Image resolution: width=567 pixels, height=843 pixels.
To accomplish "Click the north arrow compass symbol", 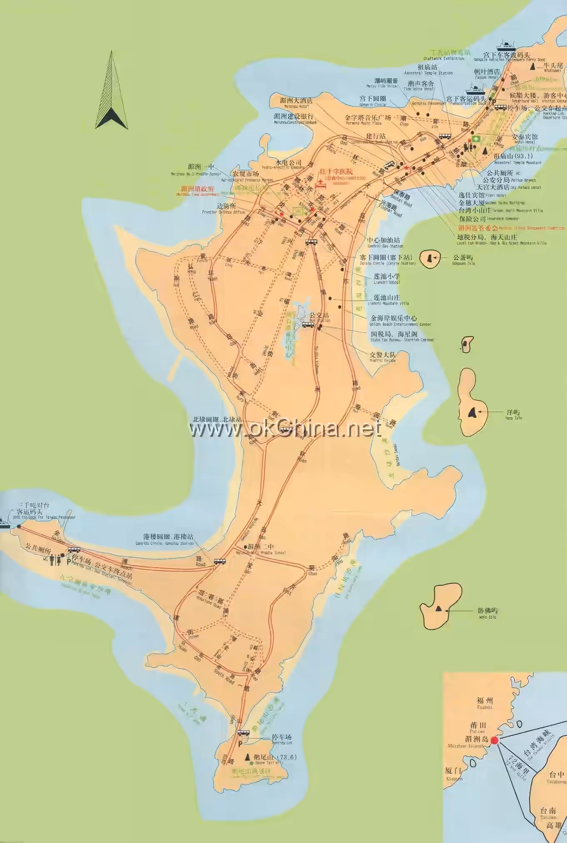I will coord(111,91).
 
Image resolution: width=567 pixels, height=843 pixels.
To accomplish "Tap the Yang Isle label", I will coord(513,414).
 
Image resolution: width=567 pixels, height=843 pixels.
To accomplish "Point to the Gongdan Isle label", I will coord(463,260).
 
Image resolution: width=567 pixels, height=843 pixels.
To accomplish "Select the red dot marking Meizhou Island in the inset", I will coord(495,741).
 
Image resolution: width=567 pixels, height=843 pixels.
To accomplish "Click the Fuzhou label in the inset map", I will coord(485,702).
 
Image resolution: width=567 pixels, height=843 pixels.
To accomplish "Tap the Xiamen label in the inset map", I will coord(453,773).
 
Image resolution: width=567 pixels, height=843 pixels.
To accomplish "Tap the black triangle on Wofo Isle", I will coord(438,609).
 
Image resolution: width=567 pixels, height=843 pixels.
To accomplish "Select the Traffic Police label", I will coord(383,356).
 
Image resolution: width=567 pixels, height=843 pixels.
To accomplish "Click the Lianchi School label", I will coord(386,278).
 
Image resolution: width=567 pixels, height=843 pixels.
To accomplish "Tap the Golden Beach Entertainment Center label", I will coord(393,320).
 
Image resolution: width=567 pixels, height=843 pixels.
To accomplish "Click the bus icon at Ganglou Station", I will coord(219,561).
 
